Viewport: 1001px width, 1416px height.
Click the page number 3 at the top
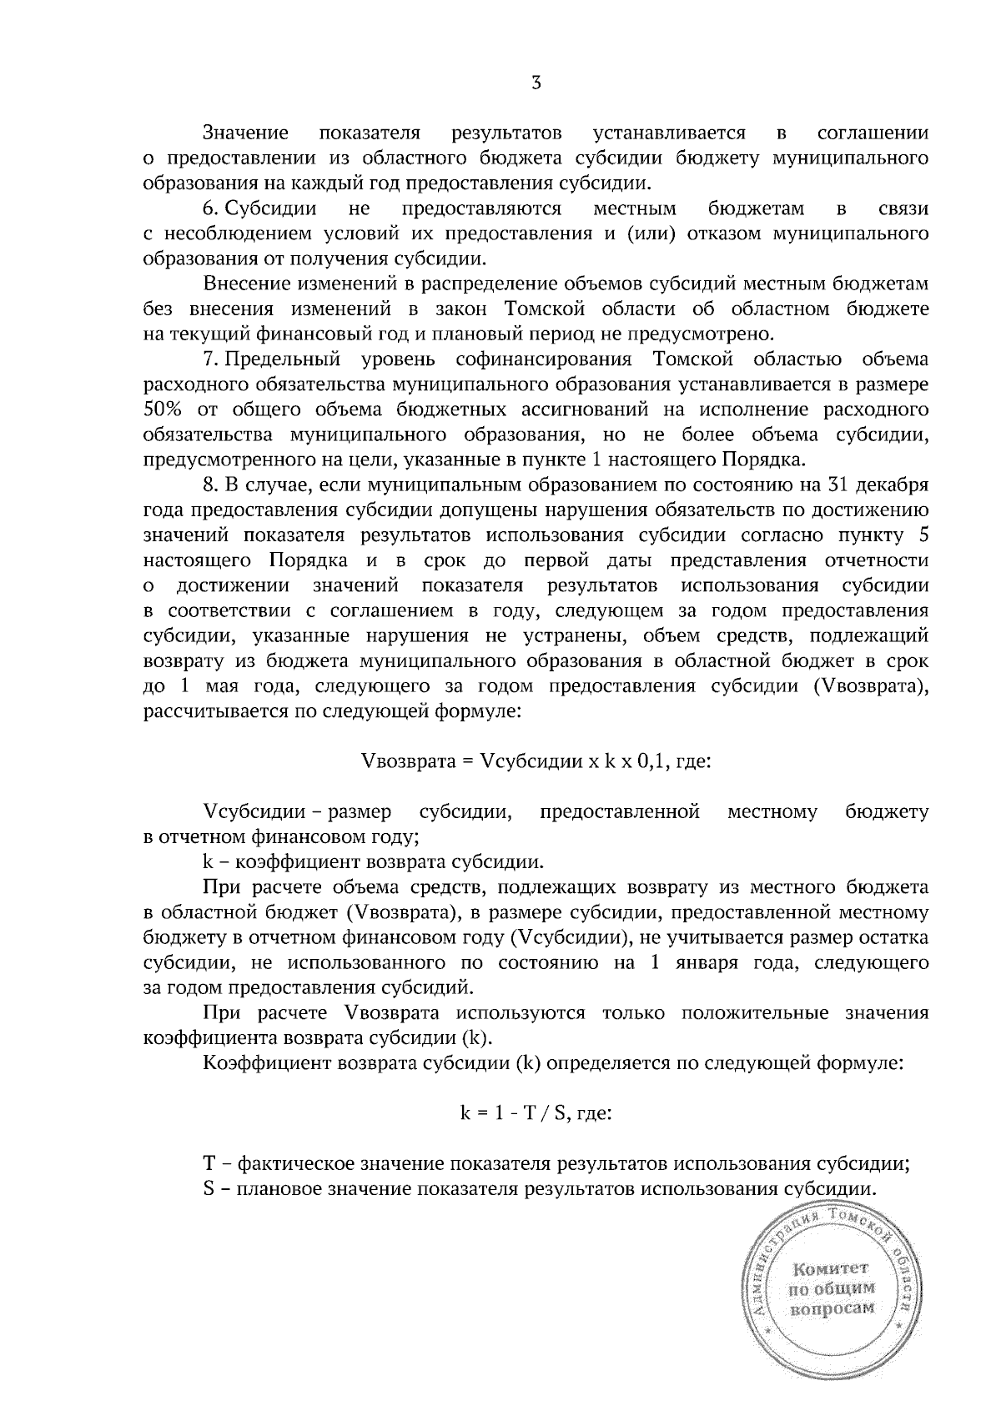(536, 83)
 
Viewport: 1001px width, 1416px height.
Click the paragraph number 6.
(209, 208)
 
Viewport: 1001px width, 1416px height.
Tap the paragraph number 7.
(209, 359)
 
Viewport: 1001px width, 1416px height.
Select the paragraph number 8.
(209, 485)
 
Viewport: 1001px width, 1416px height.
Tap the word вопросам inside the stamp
(832, 1308)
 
